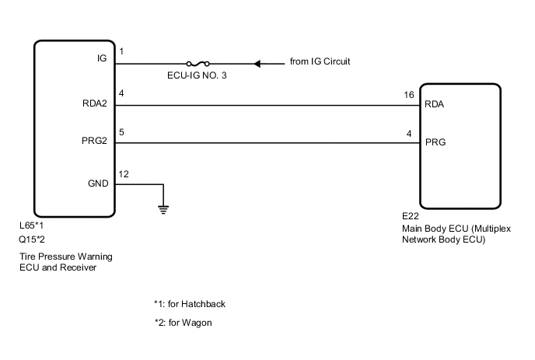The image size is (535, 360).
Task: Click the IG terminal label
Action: point(101,58)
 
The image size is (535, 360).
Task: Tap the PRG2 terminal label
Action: point(94,143)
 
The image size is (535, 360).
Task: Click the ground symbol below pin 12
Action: point(163,207)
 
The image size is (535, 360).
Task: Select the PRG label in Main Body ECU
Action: point(435,143)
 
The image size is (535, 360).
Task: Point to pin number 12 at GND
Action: point(123,172)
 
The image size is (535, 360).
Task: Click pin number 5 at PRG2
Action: point(121,131)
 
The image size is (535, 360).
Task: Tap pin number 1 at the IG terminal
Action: point(121,51)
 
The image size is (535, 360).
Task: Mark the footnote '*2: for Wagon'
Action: point(184,322)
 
